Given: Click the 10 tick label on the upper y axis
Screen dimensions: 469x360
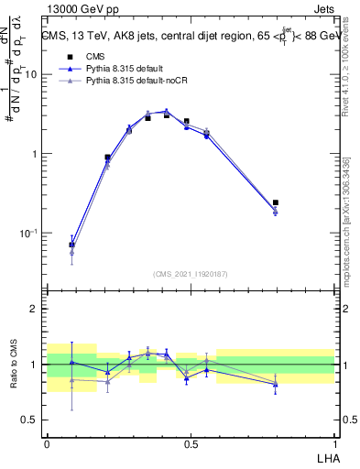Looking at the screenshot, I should [29, 75].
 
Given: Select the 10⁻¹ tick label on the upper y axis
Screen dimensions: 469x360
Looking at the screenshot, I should [27, 234].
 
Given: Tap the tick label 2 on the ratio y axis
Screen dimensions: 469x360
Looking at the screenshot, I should [34, 309].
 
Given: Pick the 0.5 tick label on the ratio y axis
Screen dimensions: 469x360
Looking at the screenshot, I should [29, 420].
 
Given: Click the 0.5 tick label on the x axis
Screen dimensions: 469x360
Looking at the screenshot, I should [191, 444].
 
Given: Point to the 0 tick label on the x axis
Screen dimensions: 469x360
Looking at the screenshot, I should [47, 444].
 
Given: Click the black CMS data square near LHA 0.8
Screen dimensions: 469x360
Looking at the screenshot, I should [276, 202].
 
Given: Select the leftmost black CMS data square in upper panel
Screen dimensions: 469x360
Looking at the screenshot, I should [72, 245].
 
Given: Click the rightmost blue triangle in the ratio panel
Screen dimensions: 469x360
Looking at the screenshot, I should [276, 384].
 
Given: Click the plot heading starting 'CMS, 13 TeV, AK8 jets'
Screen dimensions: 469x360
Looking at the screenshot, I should [189, 38].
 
